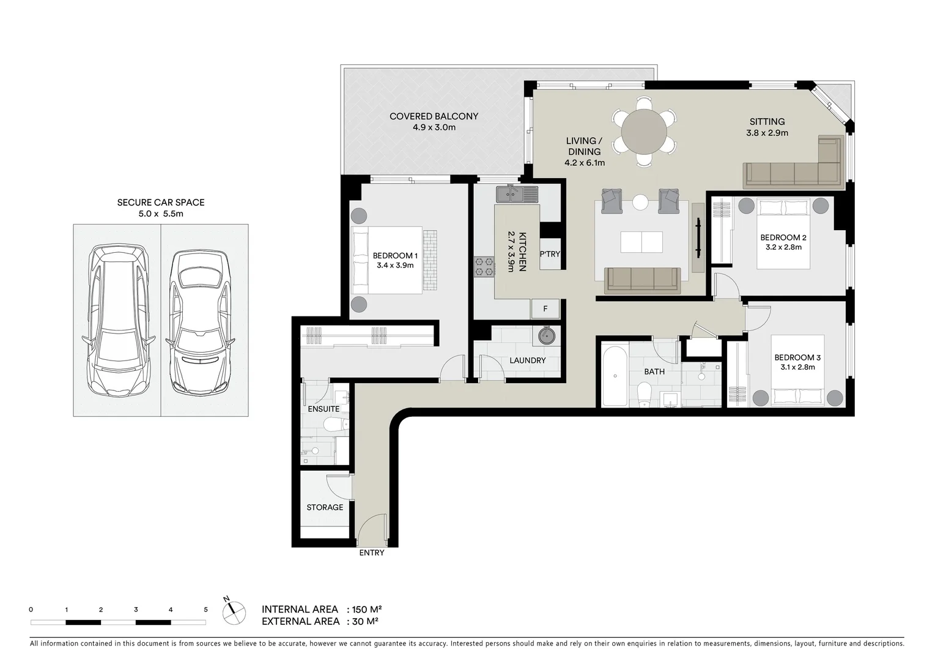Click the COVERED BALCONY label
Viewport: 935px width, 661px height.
(434, 116)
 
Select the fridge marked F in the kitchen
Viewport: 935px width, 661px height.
(545, 309)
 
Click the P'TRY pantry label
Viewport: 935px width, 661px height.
(550, 254)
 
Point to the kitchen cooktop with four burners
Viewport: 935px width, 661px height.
(484, 267)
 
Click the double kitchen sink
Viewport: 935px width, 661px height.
(517, 195)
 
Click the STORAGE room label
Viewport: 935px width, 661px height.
(325, 507)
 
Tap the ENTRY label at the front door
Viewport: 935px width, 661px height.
(372, 553)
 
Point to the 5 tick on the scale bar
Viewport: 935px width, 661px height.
(205, 610)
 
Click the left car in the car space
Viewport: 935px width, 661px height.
(117, 320)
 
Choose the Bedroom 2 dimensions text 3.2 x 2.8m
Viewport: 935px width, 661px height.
(783, 247)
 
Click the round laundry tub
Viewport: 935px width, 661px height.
(545, 335)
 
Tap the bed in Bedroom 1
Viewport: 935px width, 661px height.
(386, 260)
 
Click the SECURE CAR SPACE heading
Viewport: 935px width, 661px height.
(161, 203)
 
